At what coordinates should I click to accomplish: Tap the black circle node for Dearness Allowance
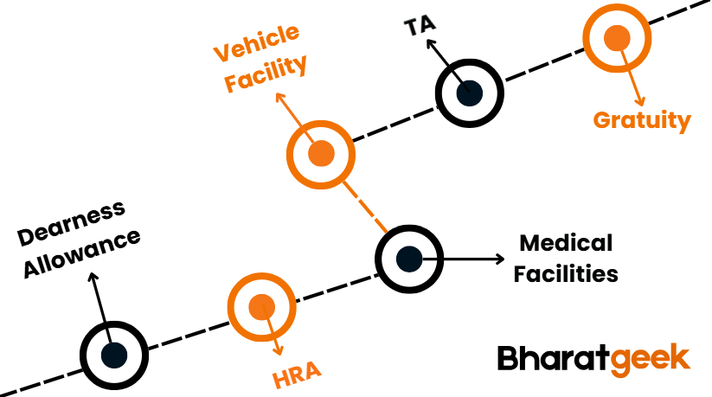coord(113,354)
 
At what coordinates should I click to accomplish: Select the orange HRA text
coord(297,373)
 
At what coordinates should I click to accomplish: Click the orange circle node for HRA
coord(261,306)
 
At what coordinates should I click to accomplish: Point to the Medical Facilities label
coord(565,258)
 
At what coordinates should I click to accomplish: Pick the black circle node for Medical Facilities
coord(408,258)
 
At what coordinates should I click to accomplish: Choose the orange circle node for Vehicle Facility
coord(320,154)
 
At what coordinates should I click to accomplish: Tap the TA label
coord(421,26)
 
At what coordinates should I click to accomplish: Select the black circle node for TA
coord(469,93)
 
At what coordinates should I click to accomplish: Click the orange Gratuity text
coord(642,120)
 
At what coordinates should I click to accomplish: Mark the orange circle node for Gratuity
coord(617,38)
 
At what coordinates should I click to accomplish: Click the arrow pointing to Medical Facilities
coord(471,258)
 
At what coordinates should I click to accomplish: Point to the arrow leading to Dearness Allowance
coord(99,303)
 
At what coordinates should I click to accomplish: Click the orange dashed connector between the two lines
coord(363,205)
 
